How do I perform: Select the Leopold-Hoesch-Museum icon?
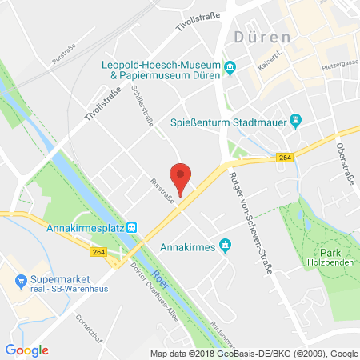[230, 66]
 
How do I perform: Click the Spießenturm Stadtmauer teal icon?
[294, 121]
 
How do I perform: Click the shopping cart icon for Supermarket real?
[22, 281]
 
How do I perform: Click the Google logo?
[27, 350]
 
